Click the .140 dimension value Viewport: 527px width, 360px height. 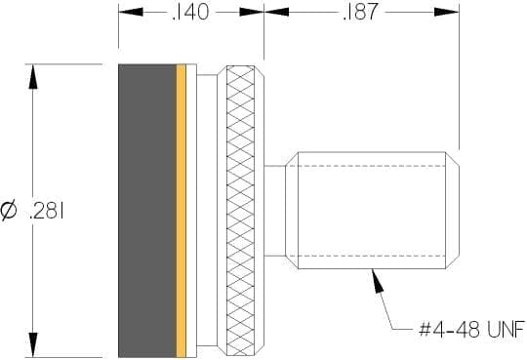190,12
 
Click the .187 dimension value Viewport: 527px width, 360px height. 361,12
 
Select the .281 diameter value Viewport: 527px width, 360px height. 47,211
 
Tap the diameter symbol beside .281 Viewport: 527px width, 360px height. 9,211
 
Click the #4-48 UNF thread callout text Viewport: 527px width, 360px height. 472,329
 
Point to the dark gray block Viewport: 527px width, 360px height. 147,211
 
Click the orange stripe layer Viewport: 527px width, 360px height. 182,211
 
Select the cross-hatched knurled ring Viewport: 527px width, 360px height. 241,211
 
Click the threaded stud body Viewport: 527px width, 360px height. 372,211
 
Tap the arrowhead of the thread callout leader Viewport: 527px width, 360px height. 377,281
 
